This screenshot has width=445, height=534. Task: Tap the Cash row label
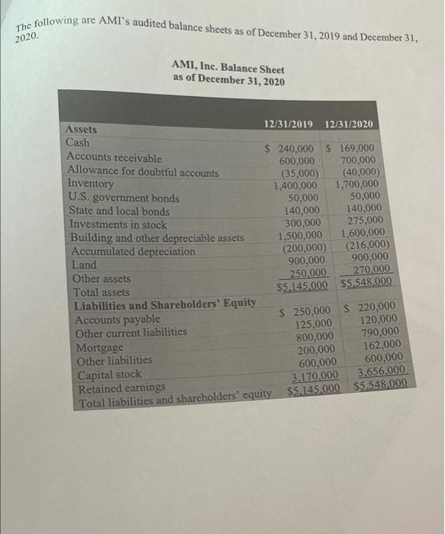coord(78,143)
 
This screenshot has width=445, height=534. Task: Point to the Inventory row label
coord(91,184)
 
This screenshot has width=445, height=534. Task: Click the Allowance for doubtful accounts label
coord(143,171)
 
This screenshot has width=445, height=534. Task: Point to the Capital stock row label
coord(111,375)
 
